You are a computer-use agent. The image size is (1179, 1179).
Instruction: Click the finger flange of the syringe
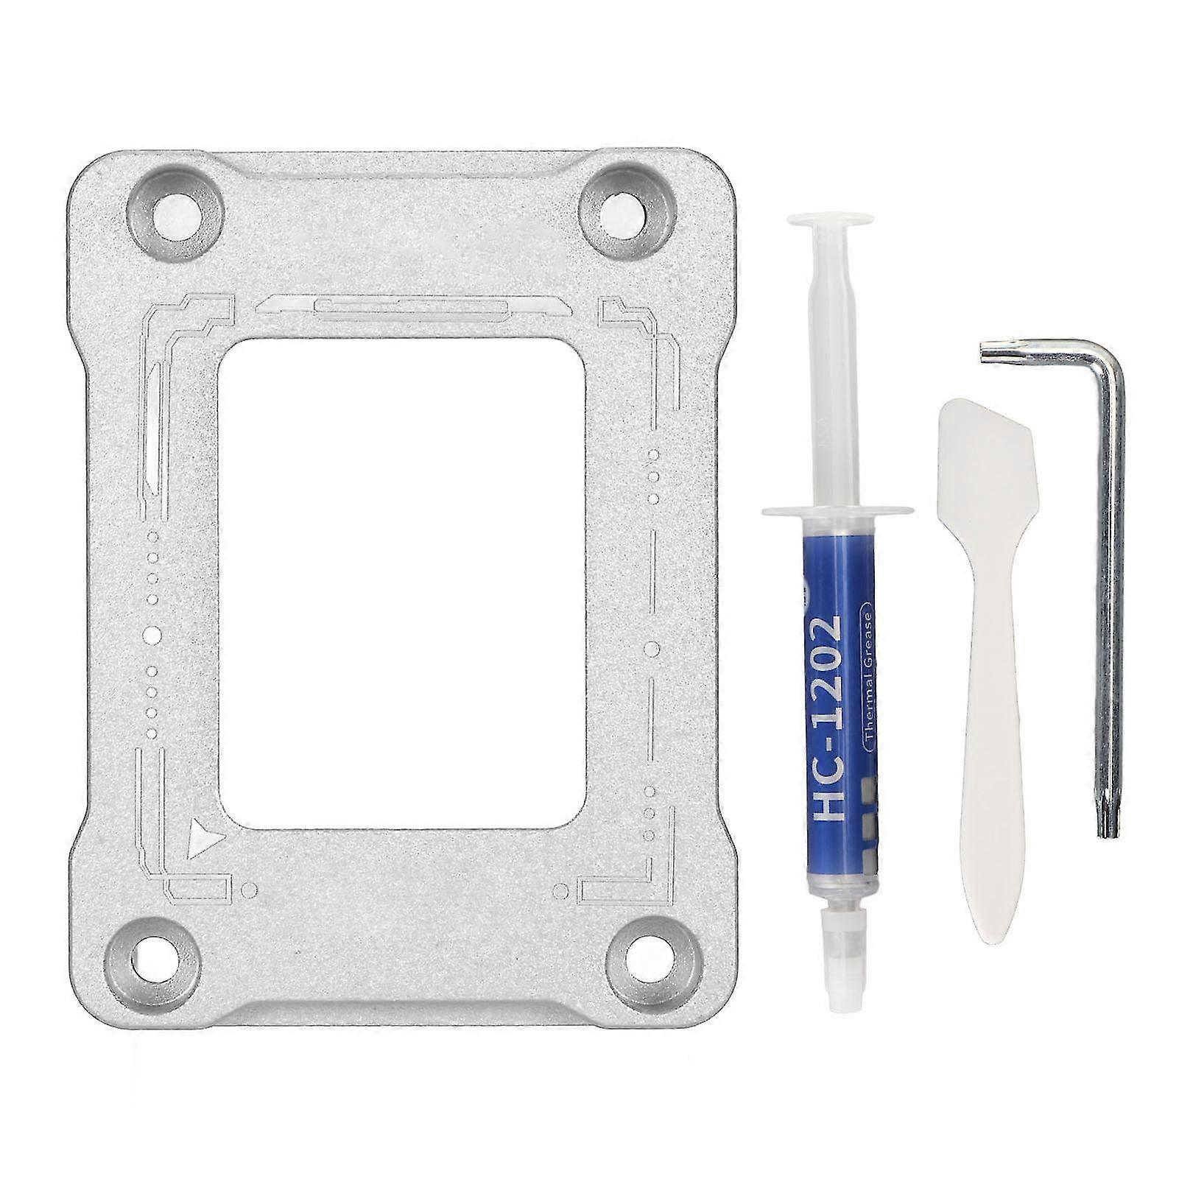[837, 508]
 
